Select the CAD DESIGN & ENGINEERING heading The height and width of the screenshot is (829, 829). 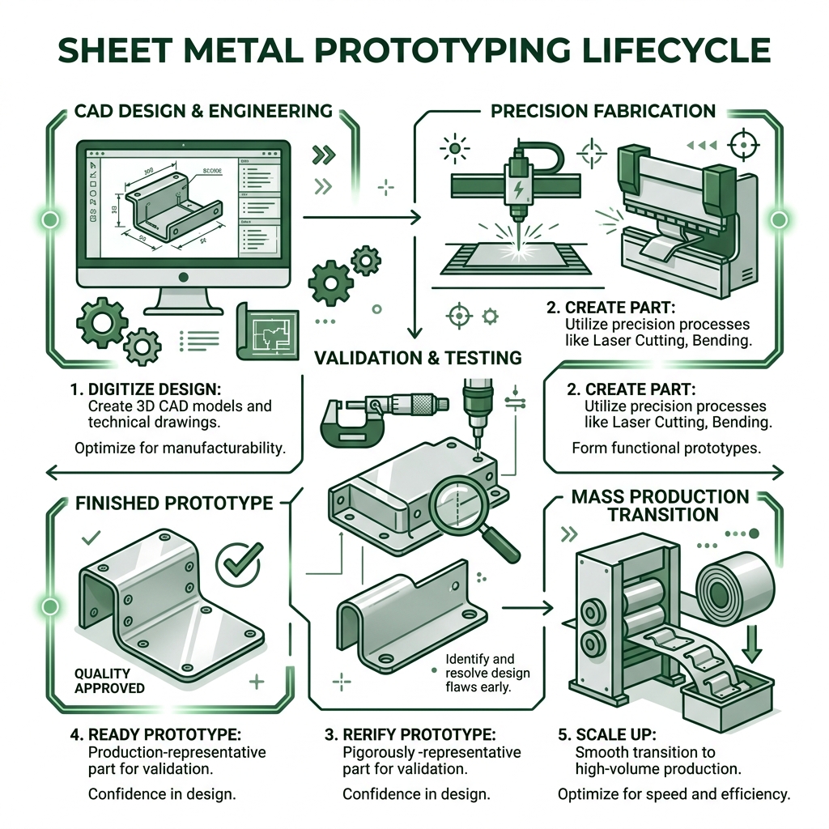click(203, 111)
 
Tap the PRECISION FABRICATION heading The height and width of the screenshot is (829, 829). click(603, 111)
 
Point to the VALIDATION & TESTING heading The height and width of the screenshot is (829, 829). click(418, 357)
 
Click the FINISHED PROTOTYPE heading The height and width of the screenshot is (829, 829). click(174, 503)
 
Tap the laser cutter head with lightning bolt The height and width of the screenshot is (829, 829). click(516, 183)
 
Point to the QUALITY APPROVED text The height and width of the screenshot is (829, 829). click(109, 680)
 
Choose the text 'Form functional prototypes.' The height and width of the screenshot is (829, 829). click(665, 447)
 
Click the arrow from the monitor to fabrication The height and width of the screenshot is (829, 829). click(360, 217)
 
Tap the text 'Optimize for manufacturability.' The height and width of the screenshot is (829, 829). click(180, 447)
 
